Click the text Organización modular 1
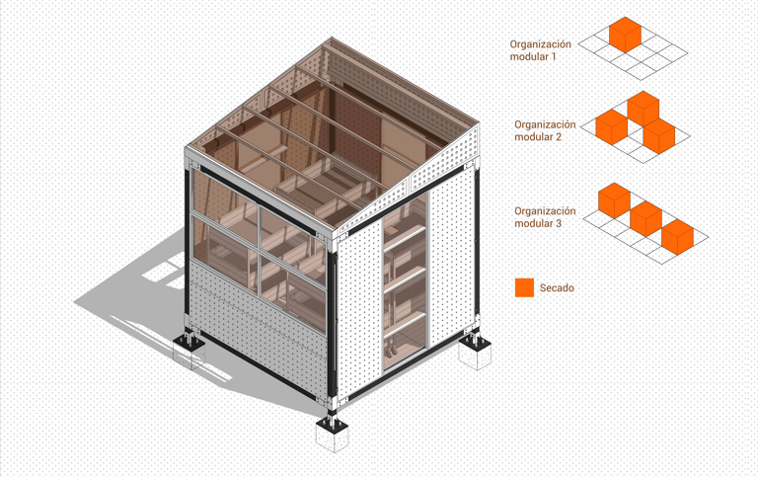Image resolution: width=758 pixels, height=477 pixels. point(540,50)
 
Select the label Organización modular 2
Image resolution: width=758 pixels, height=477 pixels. point(545,130)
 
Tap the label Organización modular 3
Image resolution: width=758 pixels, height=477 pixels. point(545,217)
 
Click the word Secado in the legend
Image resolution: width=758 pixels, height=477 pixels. point(557,287)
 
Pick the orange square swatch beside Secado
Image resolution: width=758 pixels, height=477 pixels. point(524,287)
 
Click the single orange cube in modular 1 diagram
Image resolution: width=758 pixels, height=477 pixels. point(625,35)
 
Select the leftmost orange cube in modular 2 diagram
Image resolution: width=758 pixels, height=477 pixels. point(612,127)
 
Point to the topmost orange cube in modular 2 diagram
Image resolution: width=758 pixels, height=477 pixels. point(643,109)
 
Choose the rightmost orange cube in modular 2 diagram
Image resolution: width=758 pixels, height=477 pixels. point(659,136)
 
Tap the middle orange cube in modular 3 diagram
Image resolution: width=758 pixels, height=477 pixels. point(645,219)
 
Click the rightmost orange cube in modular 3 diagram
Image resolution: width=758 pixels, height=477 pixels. point(677,237)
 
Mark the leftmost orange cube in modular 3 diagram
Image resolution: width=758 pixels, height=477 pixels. point(615,200)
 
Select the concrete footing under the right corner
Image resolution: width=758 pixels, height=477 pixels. point(475,353)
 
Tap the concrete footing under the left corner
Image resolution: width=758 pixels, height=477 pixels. point(189,353)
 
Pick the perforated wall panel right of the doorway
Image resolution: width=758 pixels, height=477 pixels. point(452,256)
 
